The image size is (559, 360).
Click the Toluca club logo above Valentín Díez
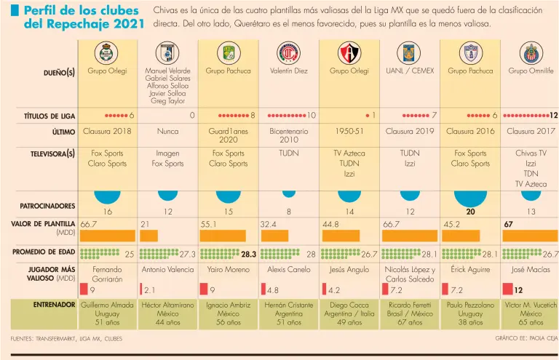point(288,52)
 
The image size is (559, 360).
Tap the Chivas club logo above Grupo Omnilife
point(531,52)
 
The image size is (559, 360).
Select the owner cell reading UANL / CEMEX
point(410,71)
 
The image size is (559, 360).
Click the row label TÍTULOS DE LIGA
point(49,116)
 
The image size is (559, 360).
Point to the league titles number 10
point(311,116)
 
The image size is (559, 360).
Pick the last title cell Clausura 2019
point(410,132)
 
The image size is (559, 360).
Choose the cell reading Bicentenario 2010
point(288,137)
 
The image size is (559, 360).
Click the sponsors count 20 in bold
point(471,212)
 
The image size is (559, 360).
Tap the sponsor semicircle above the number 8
point(289,193)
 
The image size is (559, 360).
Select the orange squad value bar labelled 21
point(148,236)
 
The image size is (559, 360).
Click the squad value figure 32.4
point(269,224)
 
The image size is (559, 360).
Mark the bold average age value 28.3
point(248,255)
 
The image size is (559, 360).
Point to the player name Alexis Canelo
point(288,269)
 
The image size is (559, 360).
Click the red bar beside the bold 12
point(507,289)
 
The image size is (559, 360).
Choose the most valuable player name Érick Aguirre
point(471,269)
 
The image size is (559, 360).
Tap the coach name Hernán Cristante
point(288,305)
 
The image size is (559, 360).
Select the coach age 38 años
point(471,322)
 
